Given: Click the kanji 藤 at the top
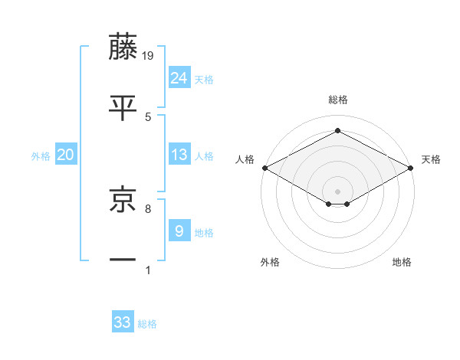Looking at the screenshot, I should (124, 47).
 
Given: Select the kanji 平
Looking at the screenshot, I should (124, 108).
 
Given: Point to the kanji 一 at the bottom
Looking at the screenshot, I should (124, 260).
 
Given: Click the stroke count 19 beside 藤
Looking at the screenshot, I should (149, 55).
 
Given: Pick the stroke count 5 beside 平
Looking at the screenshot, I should (148, 116).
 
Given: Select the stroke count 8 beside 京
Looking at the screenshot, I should (148, 208).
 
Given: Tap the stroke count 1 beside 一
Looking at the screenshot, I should (148, 269).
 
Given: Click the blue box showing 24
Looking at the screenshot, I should (179, 78).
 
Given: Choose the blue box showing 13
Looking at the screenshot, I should (179, 155).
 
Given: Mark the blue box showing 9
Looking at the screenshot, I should (179, 231).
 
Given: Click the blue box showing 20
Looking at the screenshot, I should (66, 155).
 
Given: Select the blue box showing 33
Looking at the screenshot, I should (123, 322).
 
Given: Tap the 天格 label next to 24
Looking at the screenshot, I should (204, 80).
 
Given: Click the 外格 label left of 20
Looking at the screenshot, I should (41, 156).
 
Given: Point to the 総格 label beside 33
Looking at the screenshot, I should (147, 324).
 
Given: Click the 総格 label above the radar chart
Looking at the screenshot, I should (337, 100).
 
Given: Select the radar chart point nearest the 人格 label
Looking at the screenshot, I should (264, 168).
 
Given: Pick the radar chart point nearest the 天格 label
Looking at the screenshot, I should (411, 169).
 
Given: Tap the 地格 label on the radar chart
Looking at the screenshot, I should (402, 263).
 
